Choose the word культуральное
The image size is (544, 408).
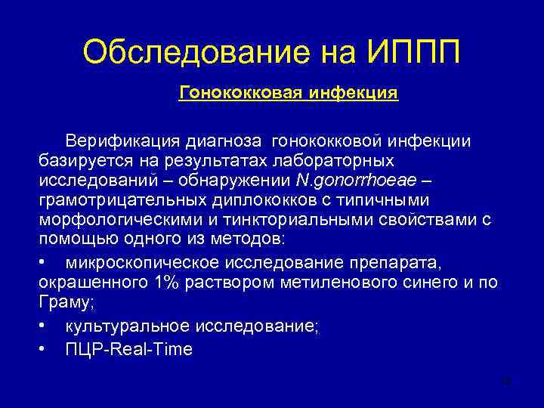[x=128, y=326]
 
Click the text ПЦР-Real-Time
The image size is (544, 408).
[x=129, y=349]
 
